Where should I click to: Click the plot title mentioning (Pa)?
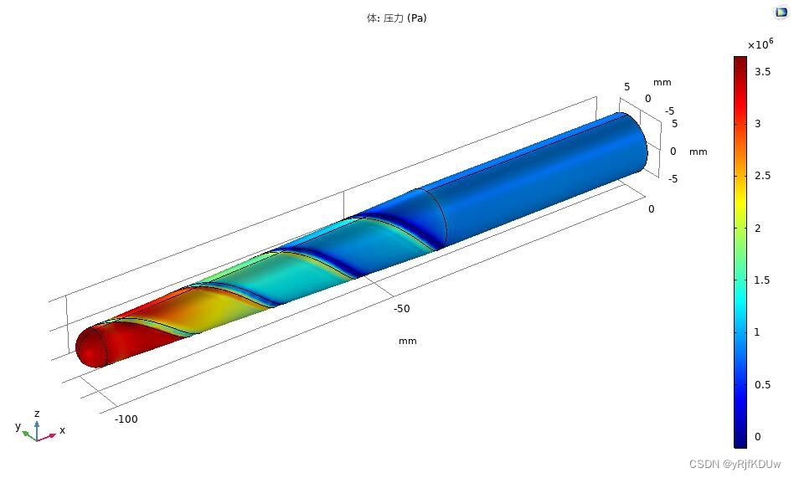click(396, 18)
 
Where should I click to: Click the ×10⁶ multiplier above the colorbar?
click(760, 44)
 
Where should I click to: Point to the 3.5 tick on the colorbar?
click(763, 72)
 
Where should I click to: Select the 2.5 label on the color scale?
click(763, 176)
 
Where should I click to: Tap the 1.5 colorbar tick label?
click(763, 280)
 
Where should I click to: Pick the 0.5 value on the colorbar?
click(763, 385)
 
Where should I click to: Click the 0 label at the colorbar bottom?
click(757, 436)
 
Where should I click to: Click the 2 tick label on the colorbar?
click(757, 229)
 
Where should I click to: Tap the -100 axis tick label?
click(126, 419)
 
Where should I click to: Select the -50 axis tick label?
click(401, 308)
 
